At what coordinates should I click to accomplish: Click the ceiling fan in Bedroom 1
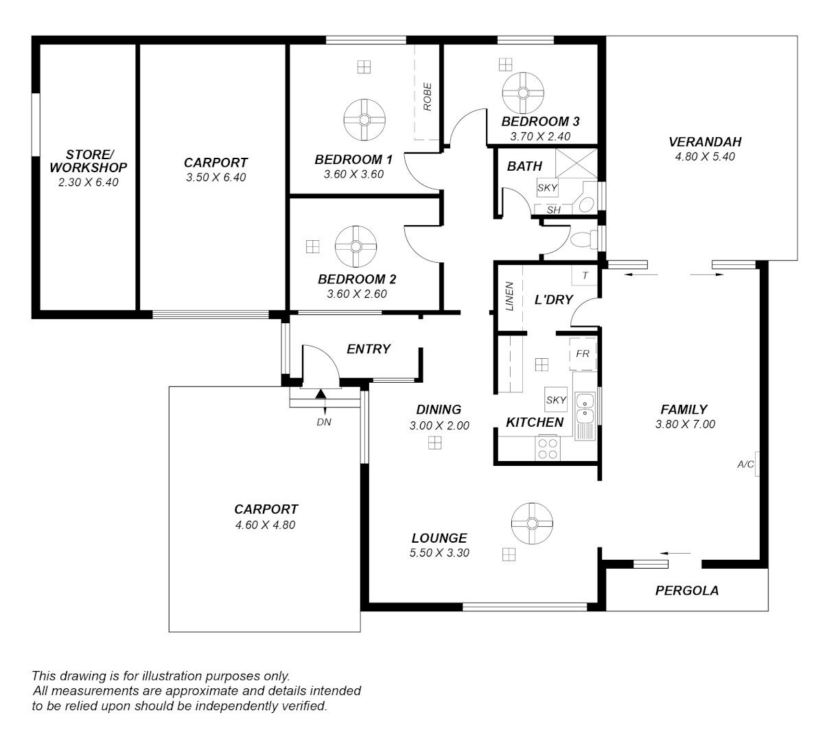[x=364, y=119]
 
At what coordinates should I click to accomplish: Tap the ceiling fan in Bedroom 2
[x=356, y=246]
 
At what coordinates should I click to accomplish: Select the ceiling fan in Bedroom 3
[x=523, y=93]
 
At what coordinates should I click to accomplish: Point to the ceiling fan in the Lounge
[x=532, y=524]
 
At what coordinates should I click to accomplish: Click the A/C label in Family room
[x=745, y=464]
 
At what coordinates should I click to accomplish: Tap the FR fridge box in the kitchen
[x=583, y=354]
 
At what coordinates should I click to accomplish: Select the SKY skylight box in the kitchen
[x=556, y=400]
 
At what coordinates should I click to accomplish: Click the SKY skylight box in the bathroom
[x=547, y=187]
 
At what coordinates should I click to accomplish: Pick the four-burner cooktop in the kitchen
[x=548, y=449]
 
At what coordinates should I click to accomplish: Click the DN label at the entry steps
[x=324, y=422]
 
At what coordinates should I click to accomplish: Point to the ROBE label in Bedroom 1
[x=428, y=97]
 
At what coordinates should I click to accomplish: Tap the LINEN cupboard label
[x=509, y=296]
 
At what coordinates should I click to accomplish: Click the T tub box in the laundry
[x=585, y=275]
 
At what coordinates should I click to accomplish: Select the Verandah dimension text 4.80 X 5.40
[x=705, y=156]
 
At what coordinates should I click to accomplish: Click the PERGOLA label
[x=686, y=590]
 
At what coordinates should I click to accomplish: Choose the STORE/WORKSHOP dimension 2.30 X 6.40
[x=88, y=183]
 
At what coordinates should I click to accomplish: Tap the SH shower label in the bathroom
[x=554, y=210]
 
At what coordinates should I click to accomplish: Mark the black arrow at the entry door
[x=321, y=393]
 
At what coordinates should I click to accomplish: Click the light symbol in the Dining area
[x=434, y=443]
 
